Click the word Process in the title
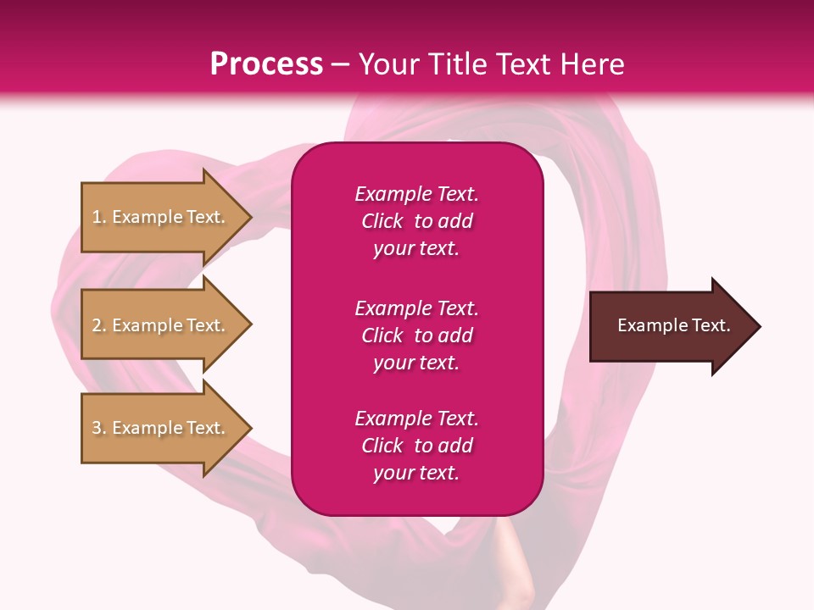[x=266, y=64]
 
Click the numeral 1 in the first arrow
[x=97, y=217]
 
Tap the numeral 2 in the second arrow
[x=97, y=325]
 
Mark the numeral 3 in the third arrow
[x=97, y=428]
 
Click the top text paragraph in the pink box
[x=416, y=221]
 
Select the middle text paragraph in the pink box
[x=416, y=335]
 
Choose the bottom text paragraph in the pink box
[x=416, y=446]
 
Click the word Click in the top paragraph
[x=382, y=221]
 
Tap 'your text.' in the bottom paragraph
[x=416, y=473]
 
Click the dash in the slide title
[x=340, y=64]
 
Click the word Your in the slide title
[x=384, y=64]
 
